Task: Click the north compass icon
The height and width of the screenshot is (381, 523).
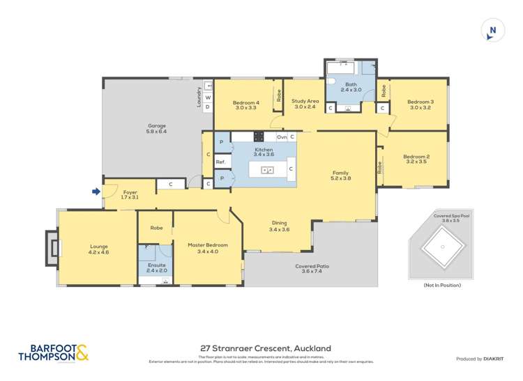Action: tap(492, 30)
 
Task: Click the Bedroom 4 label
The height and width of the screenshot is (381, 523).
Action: tap(246, 103)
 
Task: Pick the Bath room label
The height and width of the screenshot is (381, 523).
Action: tap(351, 85)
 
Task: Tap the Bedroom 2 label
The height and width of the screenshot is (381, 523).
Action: tap(416, 157)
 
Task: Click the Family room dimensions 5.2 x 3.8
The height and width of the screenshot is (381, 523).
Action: tap(340, 178)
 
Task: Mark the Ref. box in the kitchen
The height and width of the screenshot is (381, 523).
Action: tap(221, 162)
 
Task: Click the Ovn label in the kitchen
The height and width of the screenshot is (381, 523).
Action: tap(282, 137)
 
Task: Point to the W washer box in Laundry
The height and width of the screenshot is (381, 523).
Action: tap(208, 98)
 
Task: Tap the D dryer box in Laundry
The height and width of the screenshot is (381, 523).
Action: tap(208, 107)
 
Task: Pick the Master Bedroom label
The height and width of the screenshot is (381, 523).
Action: tap(208, 245)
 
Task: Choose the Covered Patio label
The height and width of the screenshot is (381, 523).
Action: tap(312, 266)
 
